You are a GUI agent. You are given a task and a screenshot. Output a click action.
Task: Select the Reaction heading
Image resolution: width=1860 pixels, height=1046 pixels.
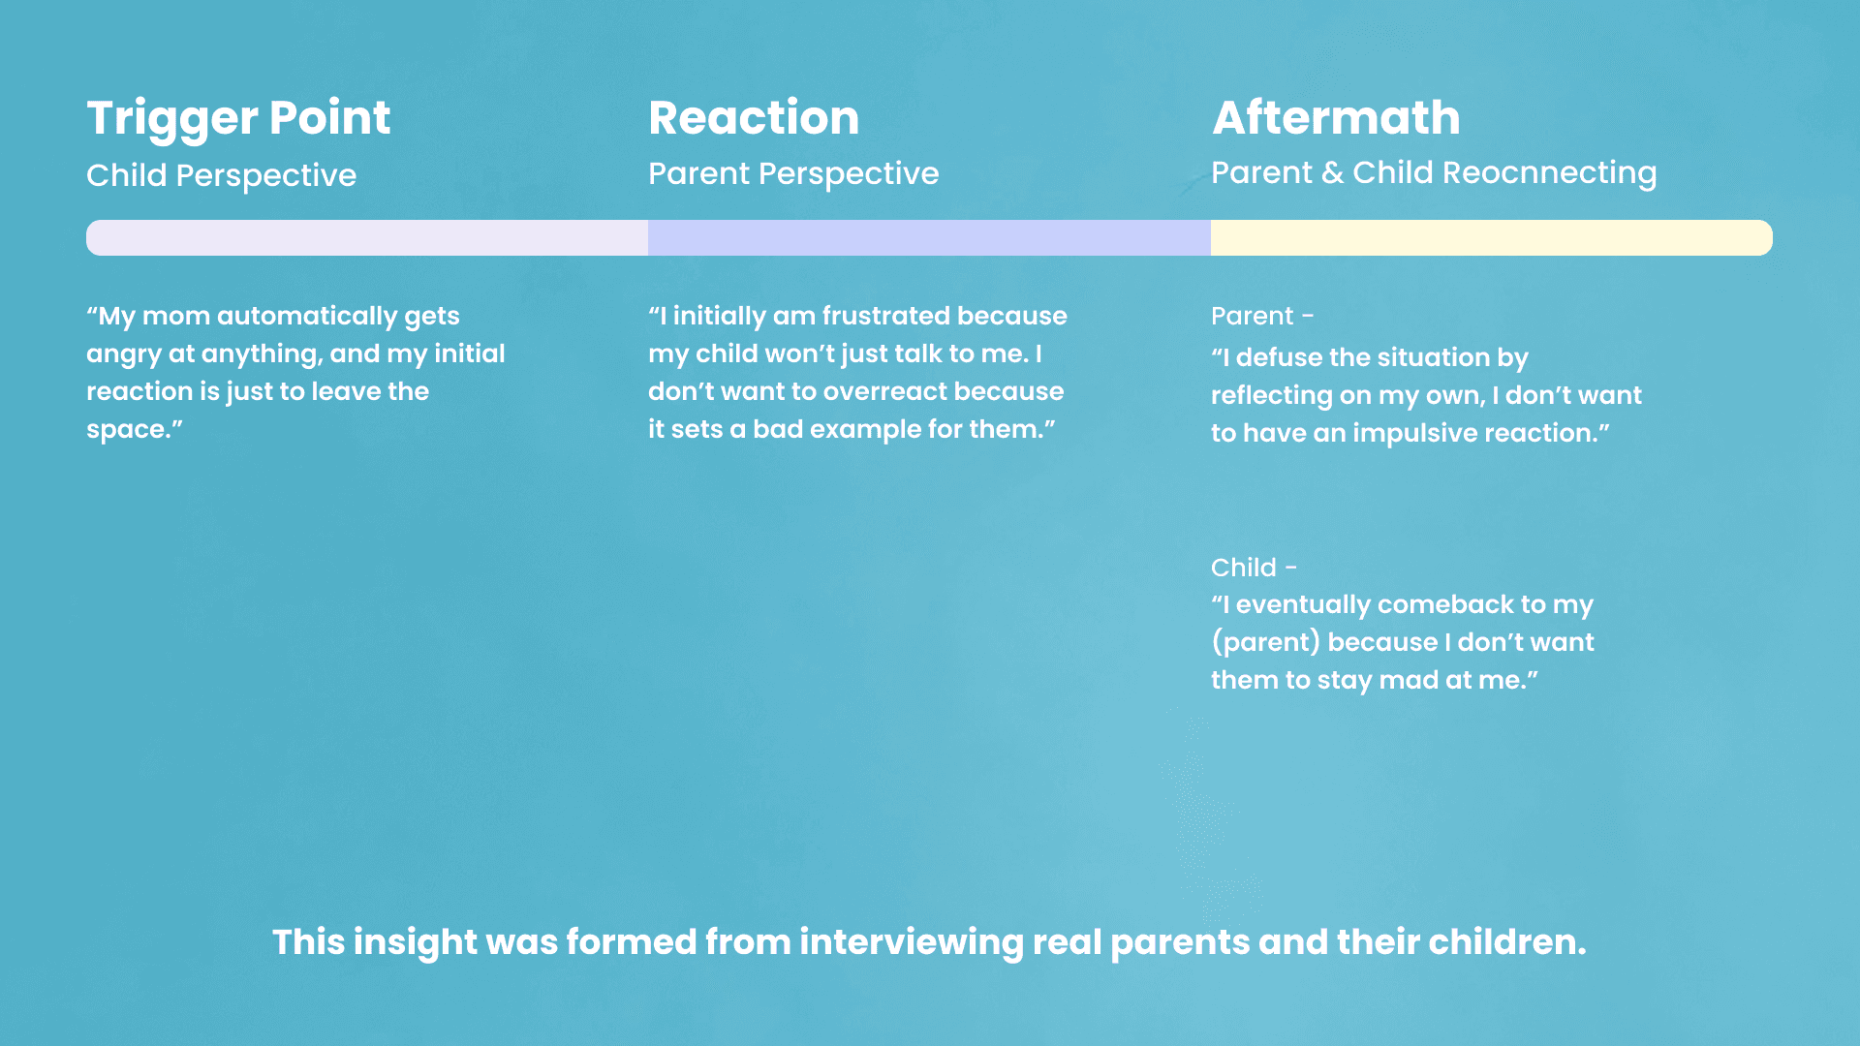pos(754,118)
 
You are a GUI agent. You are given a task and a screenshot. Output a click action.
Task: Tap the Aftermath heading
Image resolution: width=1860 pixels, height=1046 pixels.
pos(1336,118)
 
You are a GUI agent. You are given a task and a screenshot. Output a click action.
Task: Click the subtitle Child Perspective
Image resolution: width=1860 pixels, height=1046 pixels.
pos(221,176)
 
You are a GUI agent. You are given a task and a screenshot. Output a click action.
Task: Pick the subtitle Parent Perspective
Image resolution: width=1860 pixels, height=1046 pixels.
pos(793,174)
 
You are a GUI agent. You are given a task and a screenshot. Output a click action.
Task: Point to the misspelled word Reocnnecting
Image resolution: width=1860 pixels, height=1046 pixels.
pos(1550,173)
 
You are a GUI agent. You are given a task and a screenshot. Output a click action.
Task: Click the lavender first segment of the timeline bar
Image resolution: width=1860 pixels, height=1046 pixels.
pos(367,237)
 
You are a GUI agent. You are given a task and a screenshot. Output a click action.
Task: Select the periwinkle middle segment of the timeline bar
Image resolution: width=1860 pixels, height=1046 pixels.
pos(929,237)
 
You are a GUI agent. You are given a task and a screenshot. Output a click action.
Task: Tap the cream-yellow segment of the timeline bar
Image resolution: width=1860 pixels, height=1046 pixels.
pos(1492,237)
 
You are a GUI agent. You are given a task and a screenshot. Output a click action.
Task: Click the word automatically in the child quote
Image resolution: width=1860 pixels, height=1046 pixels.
pos(307,317)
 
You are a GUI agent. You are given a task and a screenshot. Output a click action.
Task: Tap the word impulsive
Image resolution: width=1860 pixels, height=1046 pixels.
pos(1413,434)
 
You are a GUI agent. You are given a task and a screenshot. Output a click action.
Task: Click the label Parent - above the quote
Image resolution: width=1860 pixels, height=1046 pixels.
pos(1262,316)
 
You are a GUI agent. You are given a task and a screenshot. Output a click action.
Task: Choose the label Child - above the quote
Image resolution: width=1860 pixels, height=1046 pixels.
pos(1254,568)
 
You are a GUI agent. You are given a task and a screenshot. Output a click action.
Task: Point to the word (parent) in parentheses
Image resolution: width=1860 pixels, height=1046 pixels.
pos(1265,643)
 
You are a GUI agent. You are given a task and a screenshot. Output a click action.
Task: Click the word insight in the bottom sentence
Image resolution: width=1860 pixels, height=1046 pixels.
pos(416,942)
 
